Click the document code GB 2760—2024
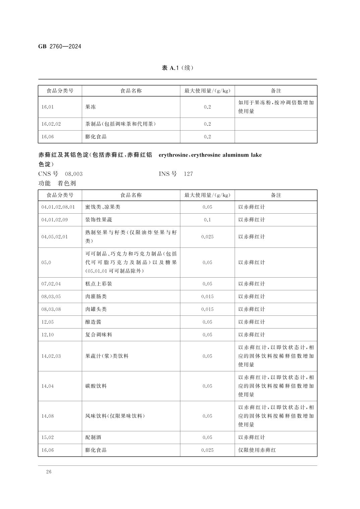[x=60, y=47]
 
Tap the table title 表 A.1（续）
[x=177, y=68]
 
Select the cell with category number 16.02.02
[x=51, y=124]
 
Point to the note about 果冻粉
[x=276, y=107]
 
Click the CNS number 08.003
[x=74, y=174]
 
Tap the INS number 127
[x=188, y=174]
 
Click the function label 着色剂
[x=67, y=183]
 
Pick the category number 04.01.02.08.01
[x=58, y=207]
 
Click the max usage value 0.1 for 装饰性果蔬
[x=207, y=220]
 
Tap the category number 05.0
[x=46, y=263]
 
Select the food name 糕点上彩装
[x=99, y=284]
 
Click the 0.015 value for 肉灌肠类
[x=207, y=296]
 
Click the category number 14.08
[x=47, y=416]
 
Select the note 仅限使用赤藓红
[x=257, y=450]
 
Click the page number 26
[x=49, y=472]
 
